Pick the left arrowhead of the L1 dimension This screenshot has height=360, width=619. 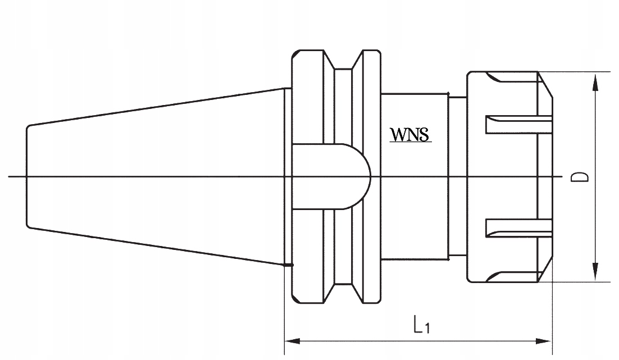(x=291, y=341)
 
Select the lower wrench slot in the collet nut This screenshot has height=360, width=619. (x=517, y=229)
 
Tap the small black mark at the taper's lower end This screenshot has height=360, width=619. (x=289, y=265)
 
